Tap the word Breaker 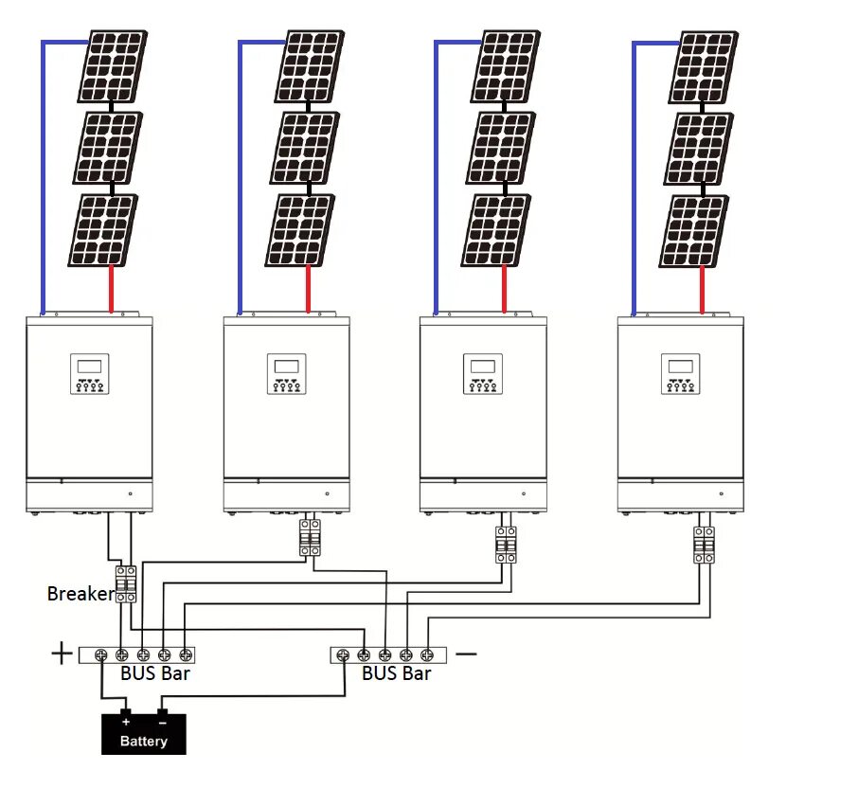pos(80,594)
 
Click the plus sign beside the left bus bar pos(62,654)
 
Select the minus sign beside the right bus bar pos(466,654)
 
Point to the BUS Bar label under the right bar pos(396,674)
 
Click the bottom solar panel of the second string pos(298,230)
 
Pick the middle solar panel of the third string pos(500,148)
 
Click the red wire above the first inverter pos(112,289)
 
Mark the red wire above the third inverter pos(505,289)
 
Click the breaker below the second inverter pos(310,538)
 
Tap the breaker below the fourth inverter pos(704,545)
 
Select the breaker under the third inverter pos(506,545)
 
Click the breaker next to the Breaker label pos(126,584)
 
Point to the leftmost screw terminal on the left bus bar pos(101,654)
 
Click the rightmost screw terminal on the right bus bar pos(427,654)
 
